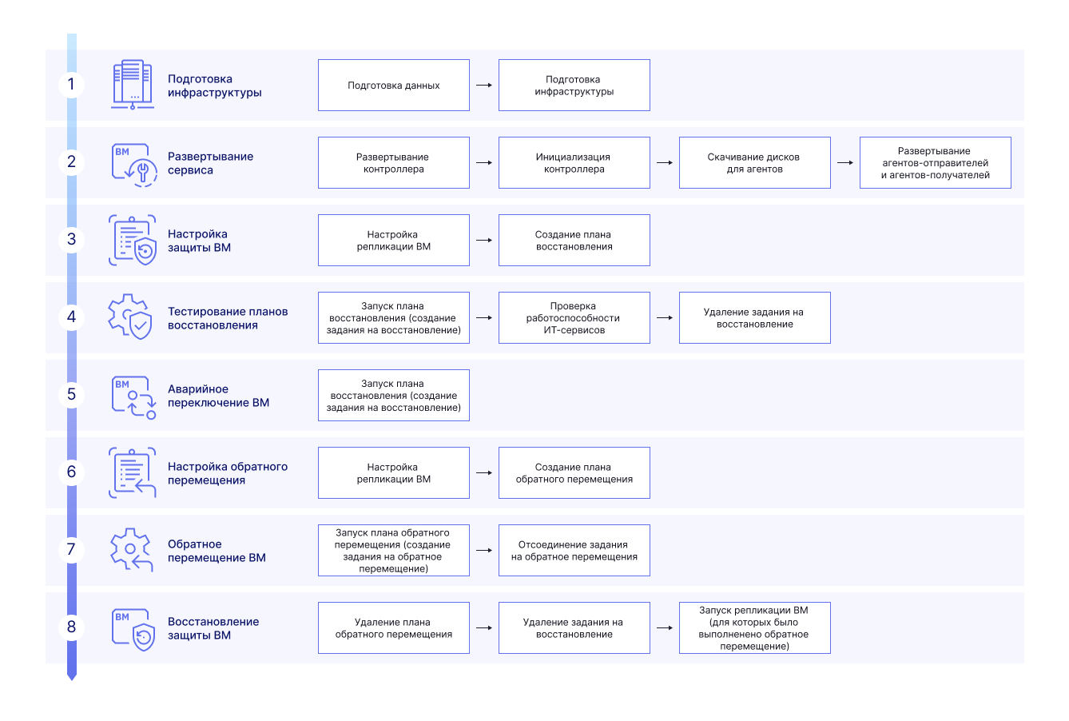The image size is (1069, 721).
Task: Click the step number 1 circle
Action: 72,85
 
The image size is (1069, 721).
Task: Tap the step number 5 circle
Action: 72,394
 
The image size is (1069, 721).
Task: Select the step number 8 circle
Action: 72,627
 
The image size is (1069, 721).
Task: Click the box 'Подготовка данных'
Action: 394,85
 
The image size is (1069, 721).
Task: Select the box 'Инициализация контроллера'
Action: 574,163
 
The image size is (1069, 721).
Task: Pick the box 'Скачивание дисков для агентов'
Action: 754,163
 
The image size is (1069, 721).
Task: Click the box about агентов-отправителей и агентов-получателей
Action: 935,163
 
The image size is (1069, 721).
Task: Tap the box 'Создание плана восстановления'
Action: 574,240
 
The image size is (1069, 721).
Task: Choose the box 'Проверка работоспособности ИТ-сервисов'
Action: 574,317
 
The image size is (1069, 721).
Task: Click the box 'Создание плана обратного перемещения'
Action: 574,472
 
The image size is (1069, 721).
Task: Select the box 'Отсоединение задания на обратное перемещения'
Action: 574,551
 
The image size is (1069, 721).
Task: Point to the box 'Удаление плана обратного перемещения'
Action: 394,628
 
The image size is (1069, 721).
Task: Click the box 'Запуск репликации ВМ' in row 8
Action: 754,628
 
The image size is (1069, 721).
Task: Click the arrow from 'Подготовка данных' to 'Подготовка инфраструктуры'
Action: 484,85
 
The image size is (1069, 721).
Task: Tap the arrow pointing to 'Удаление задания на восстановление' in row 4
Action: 664,317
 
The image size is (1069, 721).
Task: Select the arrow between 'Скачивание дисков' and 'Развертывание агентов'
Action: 844,163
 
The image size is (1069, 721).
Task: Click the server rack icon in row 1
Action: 132,85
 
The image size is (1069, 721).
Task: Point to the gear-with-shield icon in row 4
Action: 129,317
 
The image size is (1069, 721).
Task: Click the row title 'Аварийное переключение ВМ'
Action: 218,396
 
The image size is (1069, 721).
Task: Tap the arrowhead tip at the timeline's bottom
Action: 72,680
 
